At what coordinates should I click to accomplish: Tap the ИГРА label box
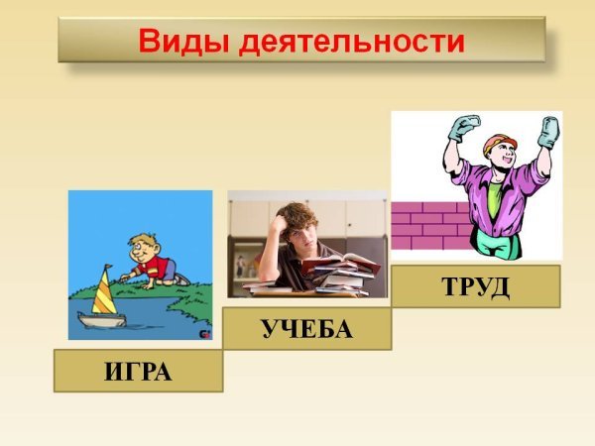[x=138, y=372]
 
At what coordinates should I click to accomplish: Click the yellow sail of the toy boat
[x=103, y=294]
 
